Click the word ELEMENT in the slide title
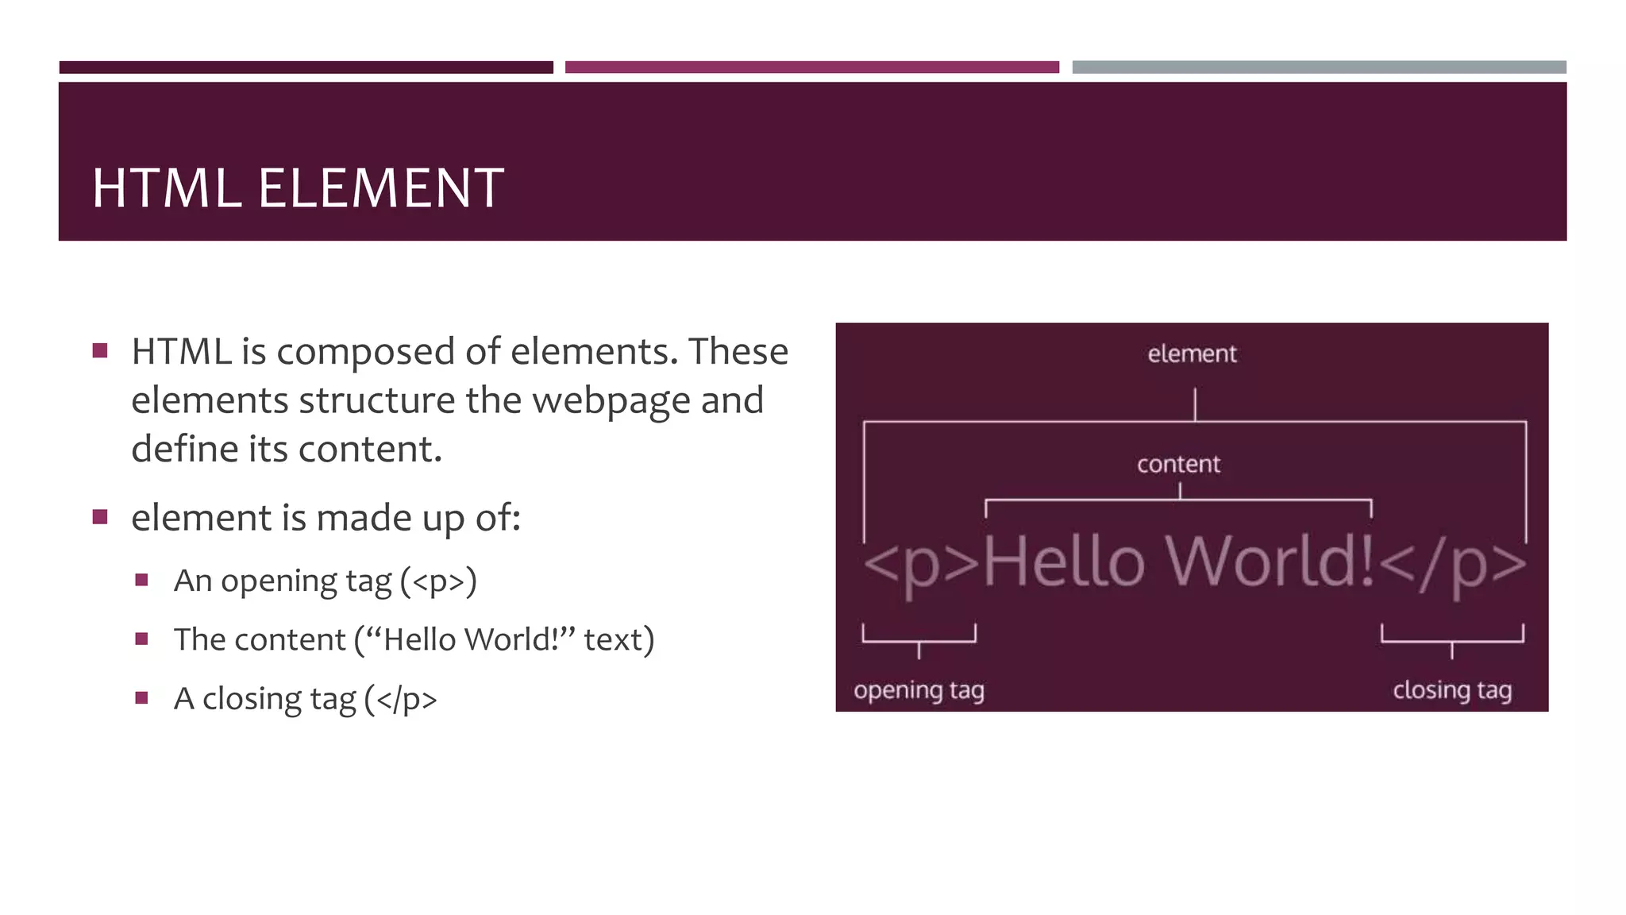pos(380,189)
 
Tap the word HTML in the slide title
pos(167,189)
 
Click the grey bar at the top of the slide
pos(1319,68)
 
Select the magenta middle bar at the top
pos(811,68)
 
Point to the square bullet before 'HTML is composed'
pos(100,351)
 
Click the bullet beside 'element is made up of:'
pos(100,518)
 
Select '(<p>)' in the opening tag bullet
pos(438,581)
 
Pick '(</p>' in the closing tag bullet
pos(400,699)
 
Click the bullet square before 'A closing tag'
pos(142,698)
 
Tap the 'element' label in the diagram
pos(1192,354)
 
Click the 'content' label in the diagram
pos(1178,464)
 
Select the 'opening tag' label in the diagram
pos(919,690)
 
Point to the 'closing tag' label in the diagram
pos(1452,690)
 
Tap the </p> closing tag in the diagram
pos(1452,564)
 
